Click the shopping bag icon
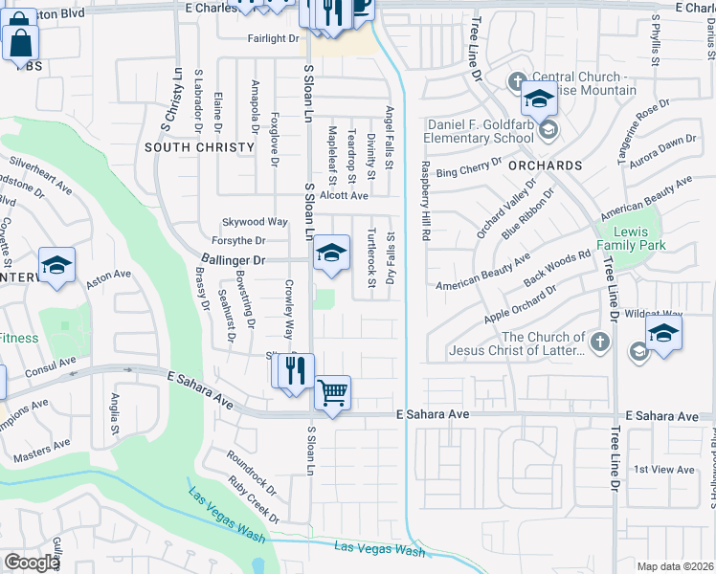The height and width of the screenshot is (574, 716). point(20,42)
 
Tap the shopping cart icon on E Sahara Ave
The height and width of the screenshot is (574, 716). point(332,392)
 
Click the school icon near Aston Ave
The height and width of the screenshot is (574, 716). point(56,265)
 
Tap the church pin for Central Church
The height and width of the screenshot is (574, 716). point(518,80)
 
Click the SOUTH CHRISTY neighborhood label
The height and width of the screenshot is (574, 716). point(199,147)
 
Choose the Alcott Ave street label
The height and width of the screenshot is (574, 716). point(344,195)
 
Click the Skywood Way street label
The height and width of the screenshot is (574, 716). point(255,221)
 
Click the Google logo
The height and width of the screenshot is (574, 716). point(32,562)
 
